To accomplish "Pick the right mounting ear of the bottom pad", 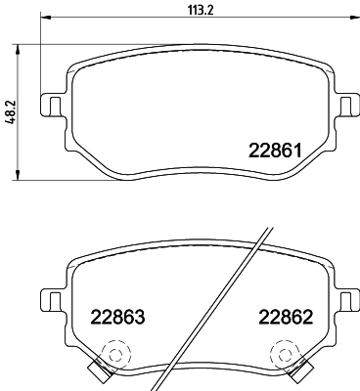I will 344,296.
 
